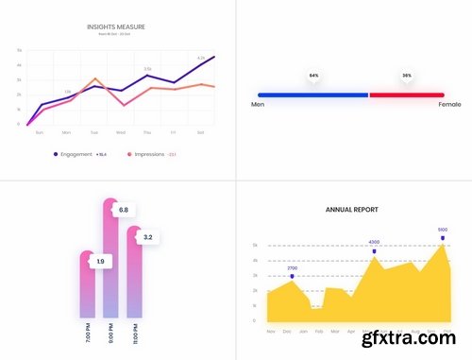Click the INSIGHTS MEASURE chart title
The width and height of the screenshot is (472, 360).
[x=116, y=27]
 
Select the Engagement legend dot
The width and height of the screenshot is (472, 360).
[x=56, y=153]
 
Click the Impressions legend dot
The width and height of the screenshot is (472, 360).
[x=129, y=153]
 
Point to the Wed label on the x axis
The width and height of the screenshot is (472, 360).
[x=121, y=132]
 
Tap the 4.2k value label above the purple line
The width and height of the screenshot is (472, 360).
[x=201, y=58]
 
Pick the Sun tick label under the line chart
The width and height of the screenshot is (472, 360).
[x=39, y=132]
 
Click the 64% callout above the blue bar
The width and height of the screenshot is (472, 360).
[x=313, y=76]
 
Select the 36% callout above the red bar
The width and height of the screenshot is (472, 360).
[x=407, y=76]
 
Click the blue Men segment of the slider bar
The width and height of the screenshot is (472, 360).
[x=312, y=94]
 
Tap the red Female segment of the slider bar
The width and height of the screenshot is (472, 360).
[x=406, y=94]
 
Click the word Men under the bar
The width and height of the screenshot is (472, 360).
[x=258, y=105]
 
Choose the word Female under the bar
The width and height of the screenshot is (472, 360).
[x=449, y=105]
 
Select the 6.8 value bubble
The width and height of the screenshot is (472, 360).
[x=123, y=210]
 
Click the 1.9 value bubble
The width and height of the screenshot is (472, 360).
[x=101, y=260]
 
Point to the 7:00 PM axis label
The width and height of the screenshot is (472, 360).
[x=88, y=335]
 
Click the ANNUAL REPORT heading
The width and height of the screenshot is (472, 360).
[x=352, y=209]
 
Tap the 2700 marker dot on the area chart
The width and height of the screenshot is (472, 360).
[x=293, y=276]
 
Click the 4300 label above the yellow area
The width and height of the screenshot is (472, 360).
[x=374, y=242]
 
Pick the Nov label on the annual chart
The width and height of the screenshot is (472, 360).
[x=272, y=332]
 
